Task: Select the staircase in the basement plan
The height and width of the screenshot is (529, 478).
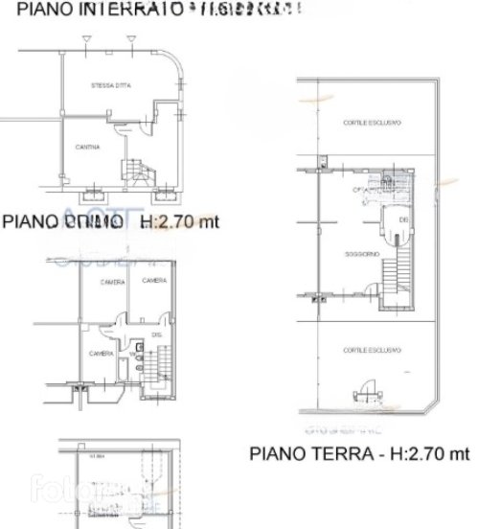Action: [142, 171]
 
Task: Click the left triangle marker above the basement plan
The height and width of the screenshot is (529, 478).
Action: [86, 37]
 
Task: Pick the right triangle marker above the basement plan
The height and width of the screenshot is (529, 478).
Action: [130, 37]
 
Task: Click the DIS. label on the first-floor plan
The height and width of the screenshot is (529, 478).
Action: [155, 337]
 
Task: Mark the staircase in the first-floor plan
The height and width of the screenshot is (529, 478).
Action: [165, 368]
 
